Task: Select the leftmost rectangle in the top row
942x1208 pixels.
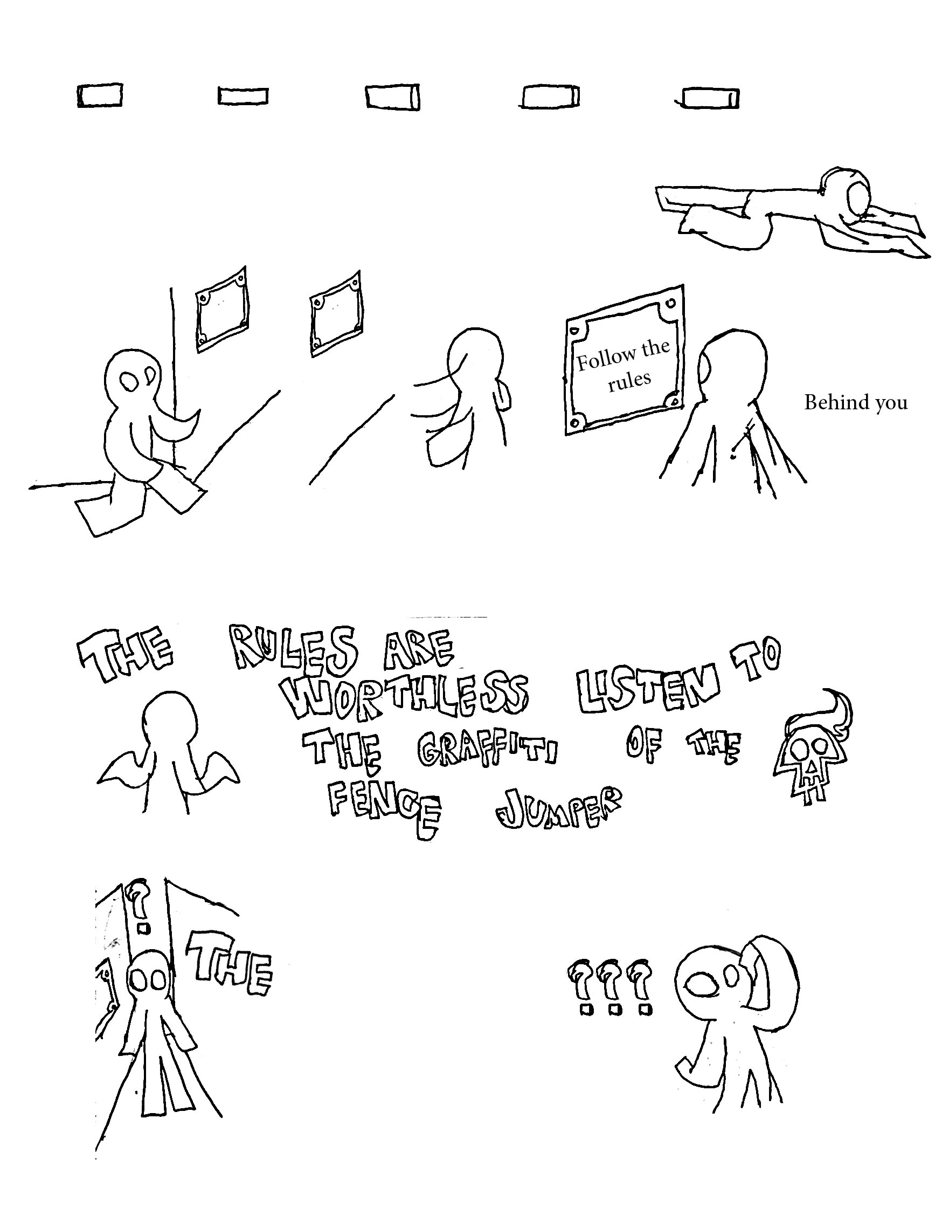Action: point(100,95)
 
